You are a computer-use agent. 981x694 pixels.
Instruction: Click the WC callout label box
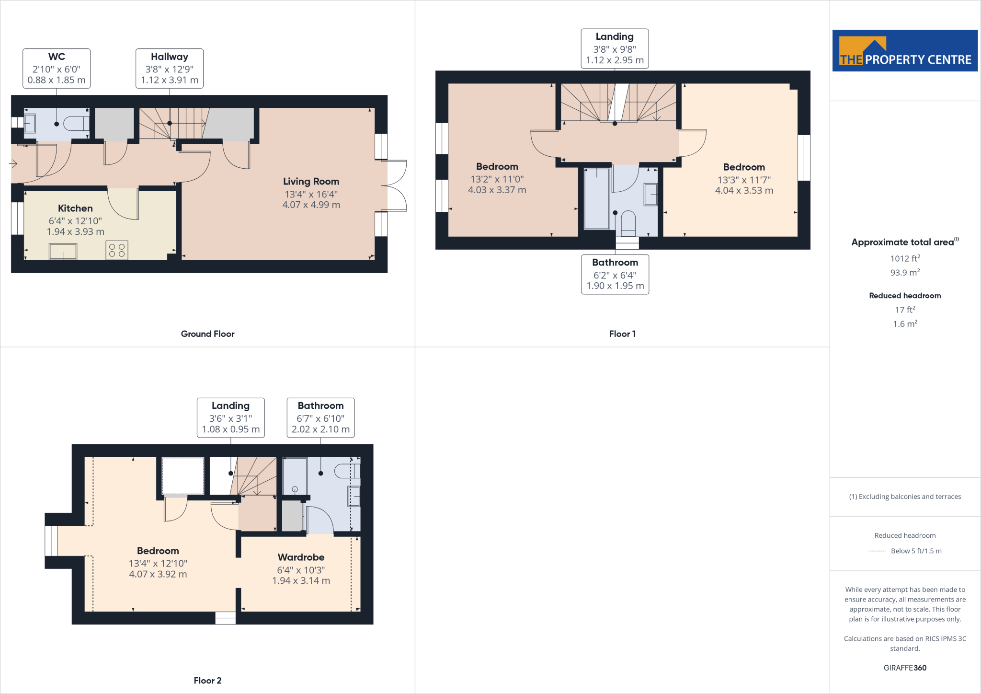[x=57, y=69]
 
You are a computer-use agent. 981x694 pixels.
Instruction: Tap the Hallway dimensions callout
[x=169, y=69]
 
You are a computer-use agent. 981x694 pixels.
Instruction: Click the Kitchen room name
[x=75, y=208]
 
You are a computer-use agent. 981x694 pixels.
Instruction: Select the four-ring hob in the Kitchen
[x=117, y=250]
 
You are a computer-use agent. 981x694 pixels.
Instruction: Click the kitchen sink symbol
[x=63, y=251]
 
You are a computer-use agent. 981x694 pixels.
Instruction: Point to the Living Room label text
[x=311, y=182]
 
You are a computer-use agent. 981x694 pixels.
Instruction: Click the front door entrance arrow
[x=13, y=164]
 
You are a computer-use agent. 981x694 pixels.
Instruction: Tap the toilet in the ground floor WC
[x=76, y=124]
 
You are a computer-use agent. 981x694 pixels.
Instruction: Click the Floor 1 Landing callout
[x=615, y=48]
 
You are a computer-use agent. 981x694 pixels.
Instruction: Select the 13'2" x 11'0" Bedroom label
[x=497, y=178]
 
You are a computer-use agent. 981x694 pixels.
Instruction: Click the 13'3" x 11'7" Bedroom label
[x=743, y=179]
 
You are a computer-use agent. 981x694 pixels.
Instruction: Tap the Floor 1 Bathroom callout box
[x=615, y=274]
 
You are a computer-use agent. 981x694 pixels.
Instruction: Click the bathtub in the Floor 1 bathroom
[x=596, y=198]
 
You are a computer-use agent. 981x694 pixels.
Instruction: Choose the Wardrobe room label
[x=301, y=557]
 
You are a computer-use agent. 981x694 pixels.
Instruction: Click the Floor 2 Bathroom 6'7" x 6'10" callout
[x=320, y=417]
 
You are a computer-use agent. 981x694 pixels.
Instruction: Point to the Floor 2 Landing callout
[x=230, y=417]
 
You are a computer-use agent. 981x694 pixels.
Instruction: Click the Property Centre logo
[x=904, y=51]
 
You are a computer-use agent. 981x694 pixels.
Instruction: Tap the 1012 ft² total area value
[x=904, y=259]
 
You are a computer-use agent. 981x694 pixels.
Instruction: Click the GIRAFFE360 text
[x=904, y=668]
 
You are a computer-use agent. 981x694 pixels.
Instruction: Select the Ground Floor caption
[x=207, y=334]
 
